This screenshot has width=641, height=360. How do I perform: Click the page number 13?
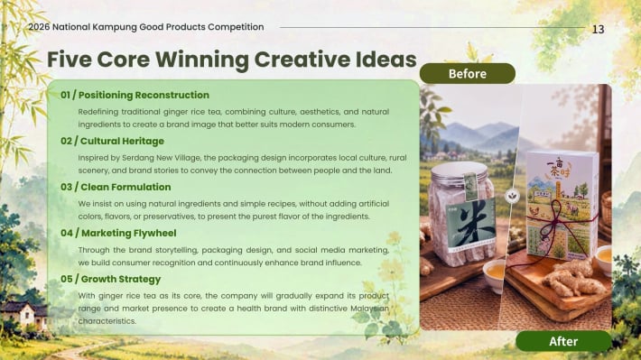click(x=598, y=30)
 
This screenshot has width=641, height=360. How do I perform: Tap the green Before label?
click(x=468, y=74)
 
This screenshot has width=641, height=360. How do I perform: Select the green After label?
click(x=563, y=341)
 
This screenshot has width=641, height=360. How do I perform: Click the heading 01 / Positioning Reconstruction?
click(x=135, y=95)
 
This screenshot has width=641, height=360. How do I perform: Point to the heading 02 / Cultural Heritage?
click(x=113, y=141)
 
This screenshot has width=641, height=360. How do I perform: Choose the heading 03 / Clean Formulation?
click(x=116, y=187)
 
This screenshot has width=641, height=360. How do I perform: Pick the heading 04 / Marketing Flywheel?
click(x=118, y=233)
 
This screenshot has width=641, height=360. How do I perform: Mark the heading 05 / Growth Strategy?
click(x=111, y=279)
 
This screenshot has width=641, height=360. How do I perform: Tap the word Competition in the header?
click(x=236, y=27)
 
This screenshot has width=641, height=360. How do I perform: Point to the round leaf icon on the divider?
click(x=512, y=196)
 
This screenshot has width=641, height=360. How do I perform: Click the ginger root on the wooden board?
click(x=573, y=278)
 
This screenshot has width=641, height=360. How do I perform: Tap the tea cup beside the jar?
click(x=494, y=274)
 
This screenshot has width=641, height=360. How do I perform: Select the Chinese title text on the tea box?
click(x=559, y=168)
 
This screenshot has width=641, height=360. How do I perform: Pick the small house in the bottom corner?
click(x=23, y=314)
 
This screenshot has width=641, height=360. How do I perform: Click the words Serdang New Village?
click(x=162, y=158)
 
